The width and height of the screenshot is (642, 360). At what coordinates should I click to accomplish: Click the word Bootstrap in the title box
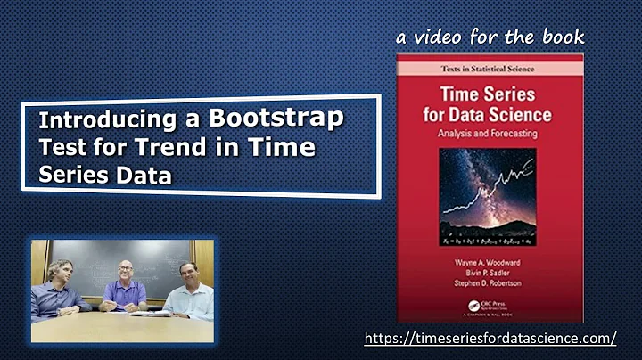click(278, 119)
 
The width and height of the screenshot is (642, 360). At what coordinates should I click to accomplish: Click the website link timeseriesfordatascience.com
click(490, 339)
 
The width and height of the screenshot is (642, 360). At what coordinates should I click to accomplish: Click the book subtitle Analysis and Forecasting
click(490, 134)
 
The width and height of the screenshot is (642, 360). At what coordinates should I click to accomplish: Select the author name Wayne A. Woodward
click(490, 264)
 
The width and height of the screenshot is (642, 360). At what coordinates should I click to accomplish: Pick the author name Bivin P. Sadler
click(490, 275)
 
